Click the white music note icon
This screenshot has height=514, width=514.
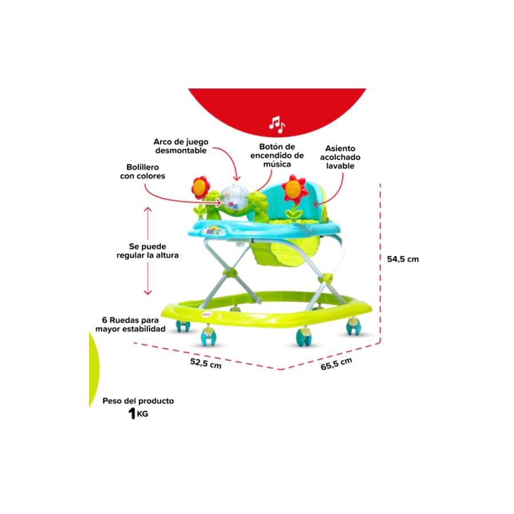277,125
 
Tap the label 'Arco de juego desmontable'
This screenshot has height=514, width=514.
181,146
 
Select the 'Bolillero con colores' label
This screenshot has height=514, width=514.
143,171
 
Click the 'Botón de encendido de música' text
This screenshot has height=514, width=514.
277,155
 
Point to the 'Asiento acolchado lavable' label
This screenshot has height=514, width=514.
340,157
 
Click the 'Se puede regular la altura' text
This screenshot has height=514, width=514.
147,251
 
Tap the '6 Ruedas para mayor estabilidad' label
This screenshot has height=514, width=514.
130,324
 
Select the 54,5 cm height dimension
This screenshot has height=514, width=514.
403,259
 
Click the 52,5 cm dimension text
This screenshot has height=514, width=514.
206,363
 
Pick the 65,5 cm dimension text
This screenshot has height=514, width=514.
336,364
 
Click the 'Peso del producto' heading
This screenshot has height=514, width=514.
138,401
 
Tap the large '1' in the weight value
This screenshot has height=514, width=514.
132,413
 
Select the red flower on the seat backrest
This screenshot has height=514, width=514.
295,188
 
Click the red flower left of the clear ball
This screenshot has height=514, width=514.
201,187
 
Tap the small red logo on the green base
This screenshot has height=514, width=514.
207,314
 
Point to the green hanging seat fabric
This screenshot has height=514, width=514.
283,252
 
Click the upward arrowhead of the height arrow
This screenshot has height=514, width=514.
148,209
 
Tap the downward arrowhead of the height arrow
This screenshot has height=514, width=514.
148,292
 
